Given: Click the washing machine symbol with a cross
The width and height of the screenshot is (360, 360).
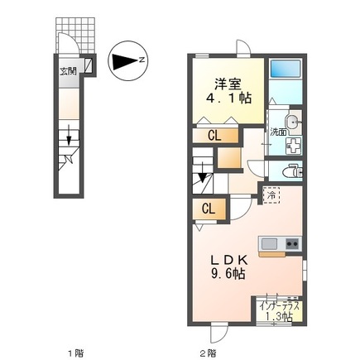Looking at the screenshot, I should click(292, 146).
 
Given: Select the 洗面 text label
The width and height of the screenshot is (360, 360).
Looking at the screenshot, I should click(276, 132).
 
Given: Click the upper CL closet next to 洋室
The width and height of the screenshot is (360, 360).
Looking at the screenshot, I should click(213, 136).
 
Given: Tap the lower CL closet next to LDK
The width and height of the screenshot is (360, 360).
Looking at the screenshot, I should click(209, 209).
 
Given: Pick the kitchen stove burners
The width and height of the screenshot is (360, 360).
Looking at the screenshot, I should click(290, 243).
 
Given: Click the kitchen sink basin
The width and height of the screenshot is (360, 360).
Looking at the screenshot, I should click(270, 243).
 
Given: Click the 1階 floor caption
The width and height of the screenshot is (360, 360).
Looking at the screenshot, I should click(74, 353).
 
